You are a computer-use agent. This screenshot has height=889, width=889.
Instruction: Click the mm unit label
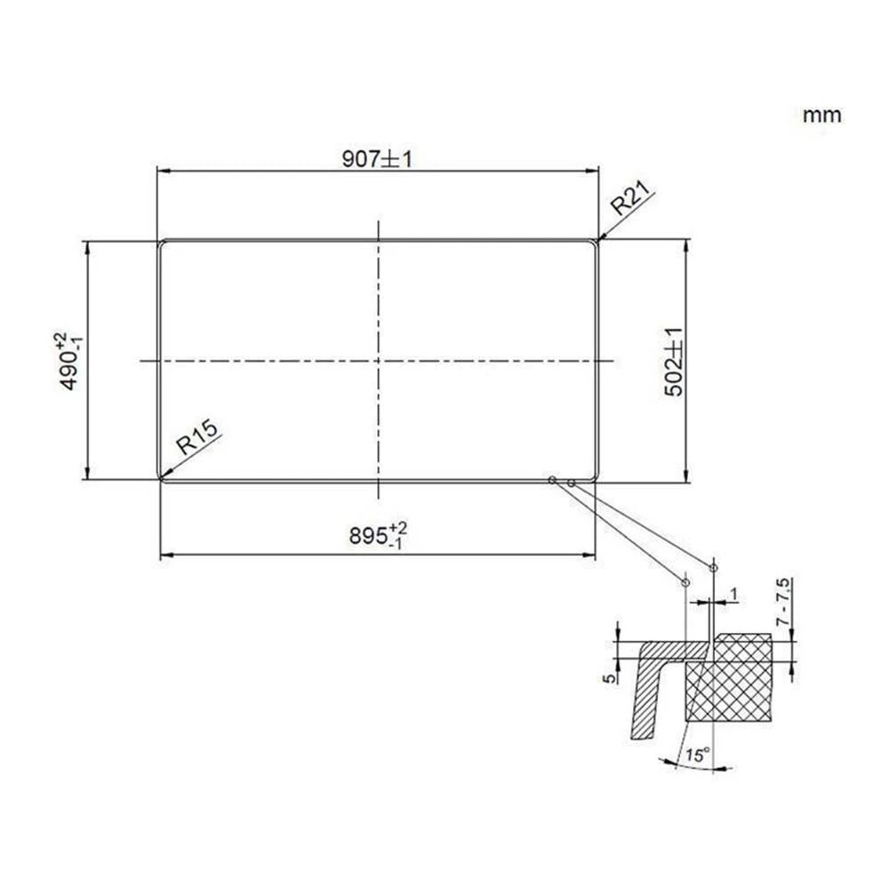click(821, 116)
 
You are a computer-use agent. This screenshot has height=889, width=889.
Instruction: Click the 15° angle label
click(698, 757)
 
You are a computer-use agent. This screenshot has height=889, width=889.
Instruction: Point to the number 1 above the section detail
click(733, 593)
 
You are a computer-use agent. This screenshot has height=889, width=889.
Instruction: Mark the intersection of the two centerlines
click(379, 361)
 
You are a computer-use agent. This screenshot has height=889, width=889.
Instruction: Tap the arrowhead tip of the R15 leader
click(161, 479)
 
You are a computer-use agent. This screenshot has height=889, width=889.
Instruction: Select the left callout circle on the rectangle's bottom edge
click(552, 480)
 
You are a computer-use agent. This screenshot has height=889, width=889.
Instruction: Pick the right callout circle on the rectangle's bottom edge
click(571, 482)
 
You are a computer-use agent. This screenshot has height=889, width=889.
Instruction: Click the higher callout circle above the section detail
click(713, 567)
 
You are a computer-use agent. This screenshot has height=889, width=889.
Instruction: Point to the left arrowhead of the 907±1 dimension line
click(161, 172)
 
